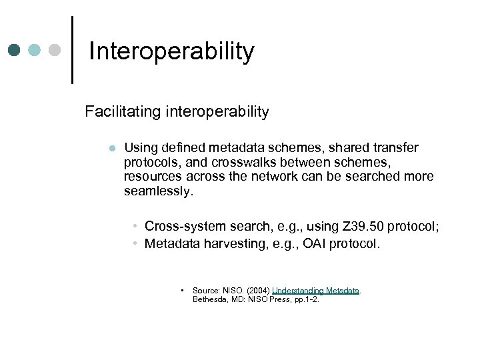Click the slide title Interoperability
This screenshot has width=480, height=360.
pos(171,51)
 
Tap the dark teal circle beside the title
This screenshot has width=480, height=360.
pos(15,51)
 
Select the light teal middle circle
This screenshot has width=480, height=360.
pos(35,51)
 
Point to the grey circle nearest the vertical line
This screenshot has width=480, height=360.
pos(55,51)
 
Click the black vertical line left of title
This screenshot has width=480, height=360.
pos(71,49)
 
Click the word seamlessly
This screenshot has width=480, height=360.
pos(157,191)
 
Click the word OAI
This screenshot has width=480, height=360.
pos(317,244)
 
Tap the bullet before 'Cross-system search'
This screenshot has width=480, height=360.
pos(135,227)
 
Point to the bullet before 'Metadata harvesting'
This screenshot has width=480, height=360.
pos(135,244)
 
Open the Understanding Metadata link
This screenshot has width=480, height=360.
pos(315,291)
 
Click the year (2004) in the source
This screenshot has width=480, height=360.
pos(257,291)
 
